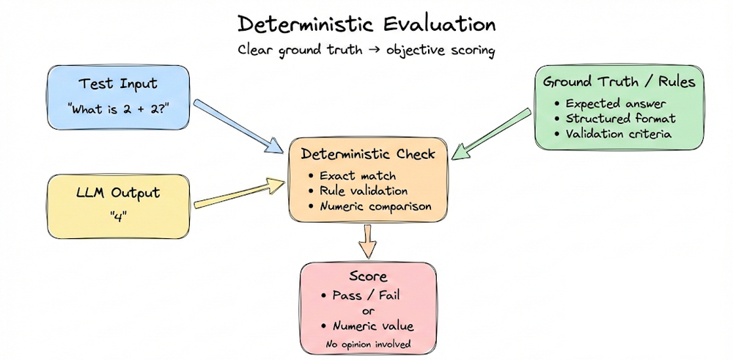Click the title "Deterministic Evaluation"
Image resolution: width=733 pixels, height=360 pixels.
tap(366, 24)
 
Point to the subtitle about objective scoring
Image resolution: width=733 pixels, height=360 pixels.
tap(366, 51)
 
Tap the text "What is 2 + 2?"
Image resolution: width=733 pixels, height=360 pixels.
tap(119, 111)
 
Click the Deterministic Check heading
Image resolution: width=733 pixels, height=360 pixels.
tap(368, 155)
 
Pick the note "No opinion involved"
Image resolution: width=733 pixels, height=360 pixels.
tap(367, 342)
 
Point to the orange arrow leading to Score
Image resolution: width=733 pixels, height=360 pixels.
tap(368, 240)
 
